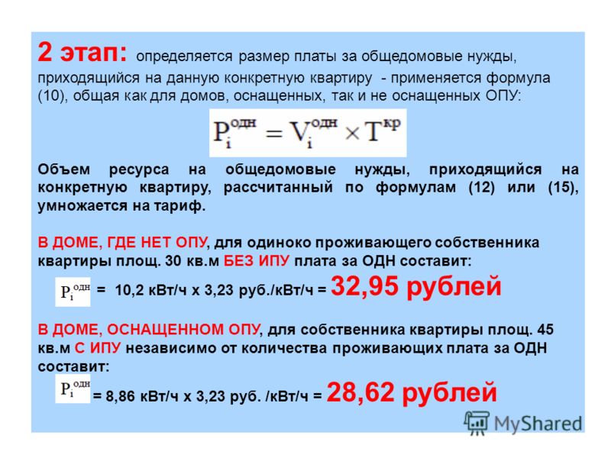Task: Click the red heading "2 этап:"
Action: (82, 52)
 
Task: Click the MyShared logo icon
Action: (477, 423)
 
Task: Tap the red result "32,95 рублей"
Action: (415, 287)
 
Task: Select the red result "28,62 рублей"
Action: (412, 392)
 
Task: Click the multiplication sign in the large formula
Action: (352, 134)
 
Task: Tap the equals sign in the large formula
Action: (273, 134)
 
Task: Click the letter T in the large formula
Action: (373, 132)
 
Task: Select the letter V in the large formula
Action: (299, 131)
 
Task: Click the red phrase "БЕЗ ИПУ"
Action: (257, 260)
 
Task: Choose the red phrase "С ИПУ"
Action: (98, 348)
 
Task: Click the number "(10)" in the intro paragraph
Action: (50, 96)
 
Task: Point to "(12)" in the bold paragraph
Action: (482, 188)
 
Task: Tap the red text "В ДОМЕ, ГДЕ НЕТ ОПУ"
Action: (122, 243)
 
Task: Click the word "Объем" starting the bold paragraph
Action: (64, 169)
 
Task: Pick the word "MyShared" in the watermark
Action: (538, 424)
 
